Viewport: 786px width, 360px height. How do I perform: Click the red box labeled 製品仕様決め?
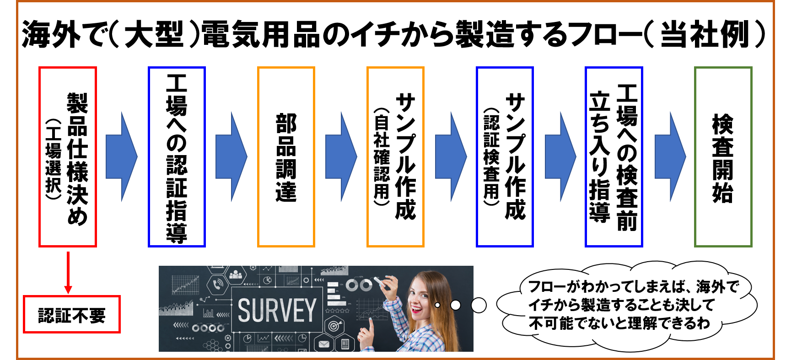click(x=68, y=157)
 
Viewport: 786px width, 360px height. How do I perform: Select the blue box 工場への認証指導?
click(x=177, y=157)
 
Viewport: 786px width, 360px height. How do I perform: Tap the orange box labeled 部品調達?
click(x=286, y=157)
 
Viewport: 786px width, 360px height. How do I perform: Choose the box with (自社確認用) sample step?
click(x=395, y=157)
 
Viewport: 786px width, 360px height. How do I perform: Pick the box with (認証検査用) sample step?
click(x=505, y=157)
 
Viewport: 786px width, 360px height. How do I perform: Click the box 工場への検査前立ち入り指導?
click(x=614, y=157)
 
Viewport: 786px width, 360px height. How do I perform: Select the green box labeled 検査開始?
click(x=723, y=157)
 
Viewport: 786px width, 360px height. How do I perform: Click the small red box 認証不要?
click(x=72, y=314)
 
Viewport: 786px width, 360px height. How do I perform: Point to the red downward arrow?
click(x=68, y=272)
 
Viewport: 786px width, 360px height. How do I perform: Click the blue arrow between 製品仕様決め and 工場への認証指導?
click(x=122, y=157)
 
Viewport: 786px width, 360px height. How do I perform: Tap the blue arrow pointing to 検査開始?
click(x=671, y=157)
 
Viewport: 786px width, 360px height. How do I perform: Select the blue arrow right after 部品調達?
click(x=341, y=157)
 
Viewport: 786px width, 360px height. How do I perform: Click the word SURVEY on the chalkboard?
click(x=277, y=310)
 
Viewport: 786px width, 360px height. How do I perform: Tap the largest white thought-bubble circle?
click(x=479, y=305)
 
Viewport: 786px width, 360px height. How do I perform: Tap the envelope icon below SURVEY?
click(x=324, y=344)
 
